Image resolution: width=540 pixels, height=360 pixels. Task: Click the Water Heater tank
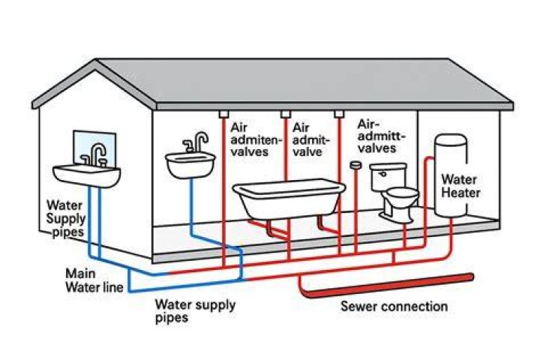click(x=451, y=175)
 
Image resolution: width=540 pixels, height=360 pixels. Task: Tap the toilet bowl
click(x=400, y=203)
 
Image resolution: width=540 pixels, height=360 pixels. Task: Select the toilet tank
click(x=388, y=177)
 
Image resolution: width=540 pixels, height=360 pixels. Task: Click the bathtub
click(x=289, y=199)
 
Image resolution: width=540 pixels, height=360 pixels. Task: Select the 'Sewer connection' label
click(x=394, y=306)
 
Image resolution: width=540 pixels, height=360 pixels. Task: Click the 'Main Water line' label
click(x=94, y=280)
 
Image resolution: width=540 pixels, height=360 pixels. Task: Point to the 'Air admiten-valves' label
click(x=255, y=139)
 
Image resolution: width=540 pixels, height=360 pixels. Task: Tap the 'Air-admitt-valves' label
click(x=381, y=136)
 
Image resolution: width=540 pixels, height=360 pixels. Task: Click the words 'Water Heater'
click(x=460, y=186)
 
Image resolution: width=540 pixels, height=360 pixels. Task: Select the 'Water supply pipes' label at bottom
click(x=195, y=310)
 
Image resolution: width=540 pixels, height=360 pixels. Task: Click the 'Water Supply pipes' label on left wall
click(x=66, y=218)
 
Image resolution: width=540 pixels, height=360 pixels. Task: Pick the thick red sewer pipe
click(x=385, y=284)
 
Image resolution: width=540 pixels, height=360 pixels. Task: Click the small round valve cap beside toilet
click(x=355, y=165)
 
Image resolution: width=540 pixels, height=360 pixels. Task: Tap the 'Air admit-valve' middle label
click(x=310, y=139)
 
